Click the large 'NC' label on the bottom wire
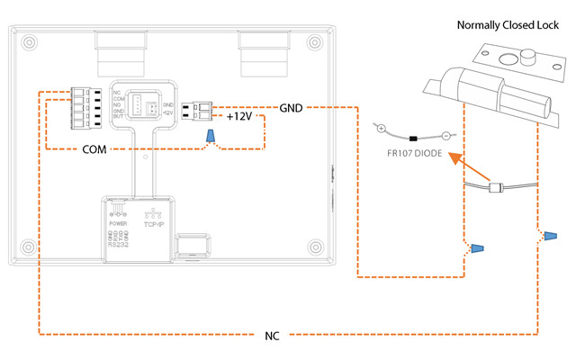272,337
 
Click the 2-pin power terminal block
198,110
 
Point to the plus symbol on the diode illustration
381,127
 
